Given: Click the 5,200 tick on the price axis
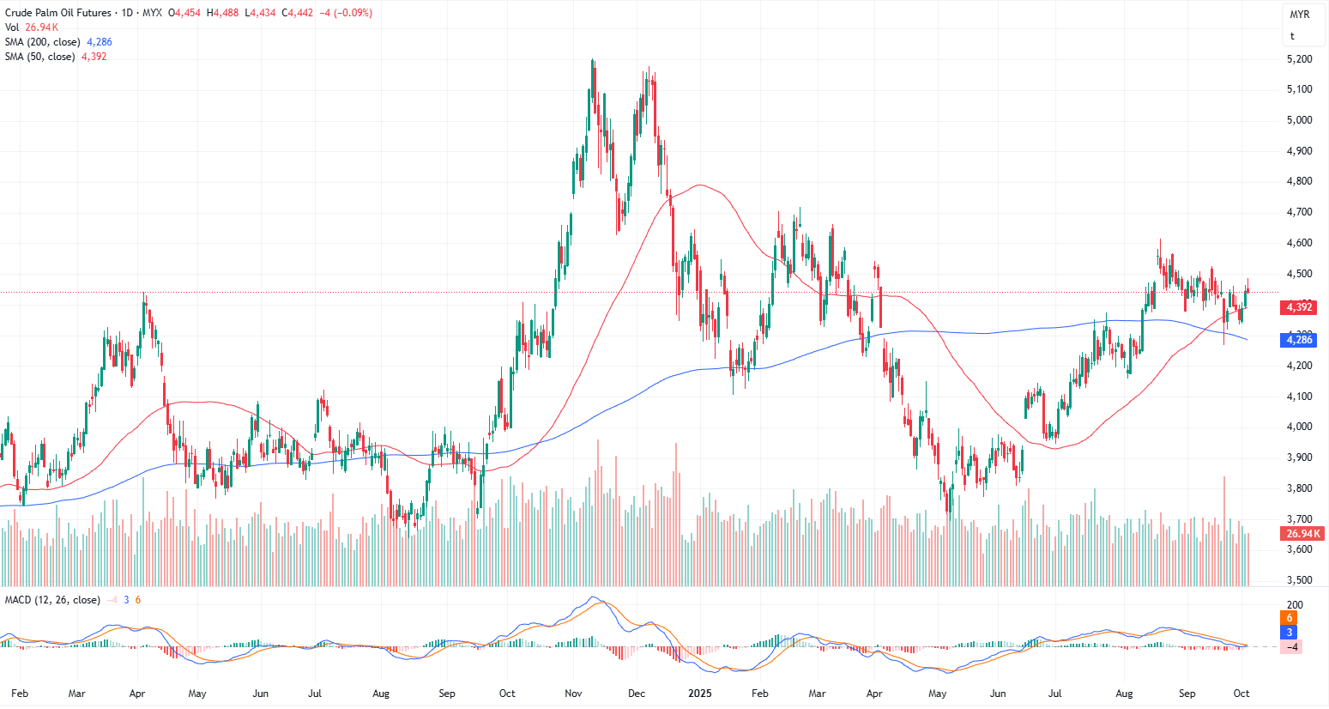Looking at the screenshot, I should click(1299, 59).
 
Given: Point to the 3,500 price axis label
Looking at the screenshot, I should click(1299, 580).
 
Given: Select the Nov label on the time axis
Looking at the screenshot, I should click(574, 694).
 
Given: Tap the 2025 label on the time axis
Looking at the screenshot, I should click(701, 694).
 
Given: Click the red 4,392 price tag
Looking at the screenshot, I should click(1299, 307).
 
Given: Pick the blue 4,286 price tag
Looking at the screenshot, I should click(1299, 340).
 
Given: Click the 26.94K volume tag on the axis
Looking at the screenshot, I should click(1303, 534).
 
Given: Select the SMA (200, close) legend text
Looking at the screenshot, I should click(43, 42).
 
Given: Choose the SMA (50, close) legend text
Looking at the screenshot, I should click(40, 57).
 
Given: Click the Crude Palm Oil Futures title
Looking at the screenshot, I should click(58, 13).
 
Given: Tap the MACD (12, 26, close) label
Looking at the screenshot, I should click(52, 600).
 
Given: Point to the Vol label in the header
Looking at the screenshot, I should click(12, 27).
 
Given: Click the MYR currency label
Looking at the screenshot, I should click(1299, 15).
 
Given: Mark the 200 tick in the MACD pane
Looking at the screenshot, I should click(1295, 605).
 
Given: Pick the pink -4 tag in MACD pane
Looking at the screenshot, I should click(1291, 647).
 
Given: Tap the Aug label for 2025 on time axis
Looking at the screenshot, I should click(1124, 694).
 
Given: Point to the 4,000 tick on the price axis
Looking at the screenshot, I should click(1299, 427).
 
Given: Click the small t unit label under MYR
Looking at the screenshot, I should click(1292, 36).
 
